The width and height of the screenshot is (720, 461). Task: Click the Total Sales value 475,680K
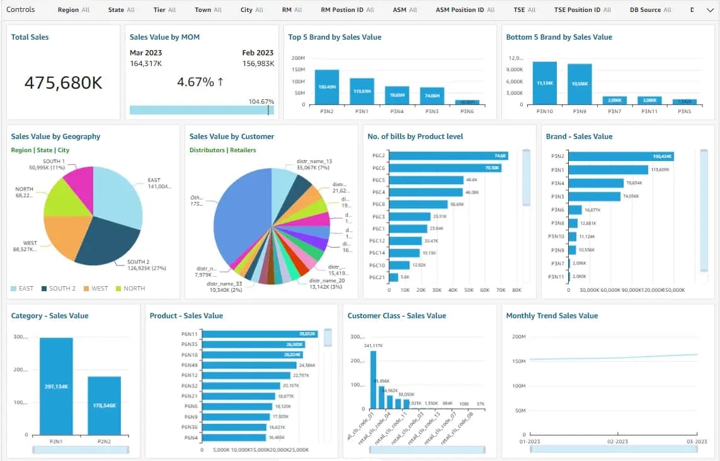pos(63,82)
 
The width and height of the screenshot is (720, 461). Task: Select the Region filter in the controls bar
pos(73,10)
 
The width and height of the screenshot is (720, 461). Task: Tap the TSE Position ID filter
pos(582,10)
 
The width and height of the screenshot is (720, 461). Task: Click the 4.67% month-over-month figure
pos(200,82)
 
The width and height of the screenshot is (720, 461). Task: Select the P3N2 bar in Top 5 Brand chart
pos(327,87)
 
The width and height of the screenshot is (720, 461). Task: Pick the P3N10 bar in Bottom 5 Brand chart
pos(544,82)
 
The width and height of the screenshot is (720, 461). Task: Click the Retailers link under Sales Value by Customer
pos(243,150)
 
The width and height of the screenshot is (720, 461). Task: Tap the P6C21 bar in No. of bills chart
pos(393,277)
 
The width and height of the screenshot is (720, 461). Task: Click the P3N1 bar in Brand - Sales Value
pos(608,170)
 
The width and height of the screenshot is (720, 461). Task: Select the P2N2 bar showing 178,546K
pos(104,406)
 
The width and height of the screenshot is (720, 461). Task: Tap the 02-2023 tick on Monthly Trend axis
pos(617,442)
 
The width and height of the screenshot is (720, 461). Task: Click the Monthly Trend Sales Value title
pos(552,316)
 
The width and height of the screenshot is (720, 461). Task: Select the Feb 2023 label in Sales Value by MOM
pos(258,53)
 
